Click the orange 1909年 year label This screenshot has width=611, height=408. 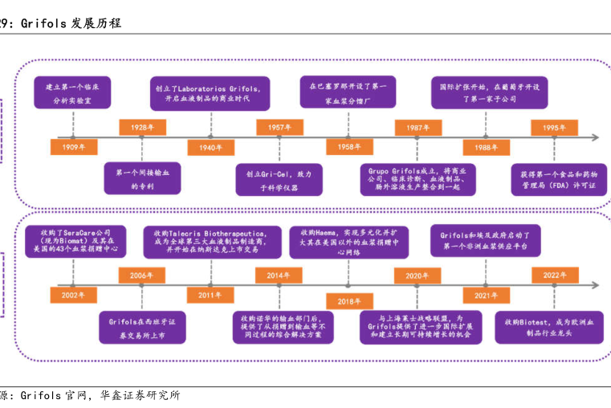(x=72, y=147)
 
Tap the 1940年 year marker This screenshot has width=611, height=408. (x=210, y=147)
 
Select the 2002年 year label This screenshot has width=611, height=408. (x=72, y=295)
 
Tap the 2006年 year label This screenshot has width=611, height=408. (x=142, y=275)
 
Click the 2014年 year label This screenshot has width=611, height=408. (x=279, y=275)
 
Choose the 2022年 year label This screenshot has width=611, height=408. (x=555, y=275)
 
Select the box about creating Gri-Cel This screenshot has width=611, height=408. (x=279, y=180)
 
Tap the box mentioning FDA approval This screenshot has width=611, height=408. (x=554, y=180)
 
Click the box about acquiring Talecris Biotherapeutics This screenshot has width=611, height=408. (x=210, y=240)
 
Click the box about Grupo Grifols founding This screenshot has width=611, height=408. (x=417, y=180)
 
